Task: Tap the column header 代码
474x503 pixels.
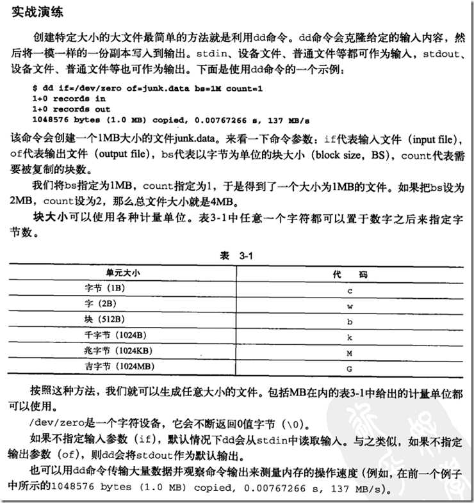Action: pos(350,274)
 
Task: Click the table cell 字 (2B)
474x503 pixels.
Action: pos(101,304)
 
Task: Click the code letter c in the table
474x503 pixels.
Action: pos(350,289)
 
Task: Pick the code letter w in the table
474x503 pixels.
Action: pos(350,305)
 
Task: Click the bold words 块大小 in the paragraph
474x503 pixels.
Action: pos(51,218)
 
